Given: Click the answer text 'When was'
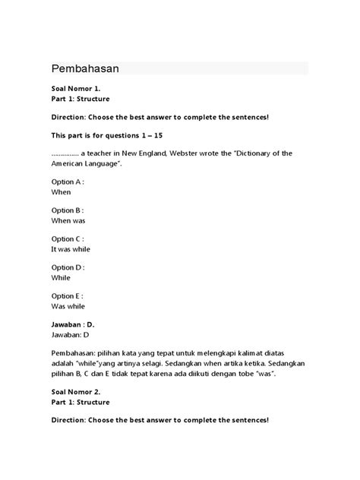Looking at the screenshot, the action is point(68,220).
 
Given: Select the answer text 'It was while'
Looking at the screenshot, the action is point(72,248).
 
